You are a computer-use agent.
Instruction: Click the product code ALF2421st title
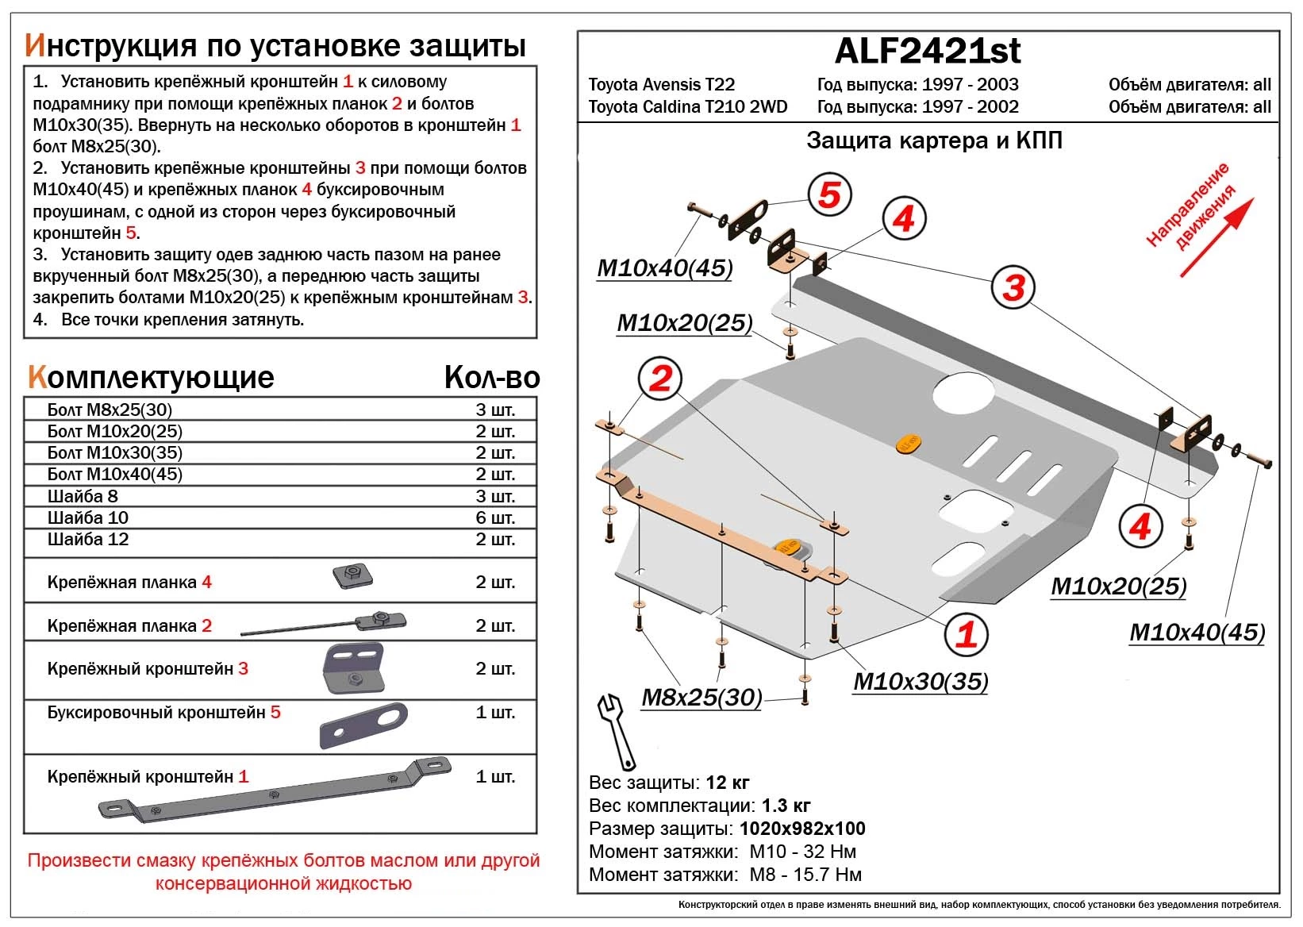927,52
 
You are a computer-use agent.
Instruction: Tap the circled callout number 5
829,194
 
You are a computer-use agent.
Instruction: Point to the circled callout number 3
1013,287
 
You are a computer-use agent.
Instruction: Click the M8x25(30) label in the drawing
701,698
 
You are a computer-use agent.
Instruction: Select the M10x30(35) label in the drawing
921,681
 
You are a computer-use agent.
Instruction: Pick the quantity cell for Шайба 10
495,517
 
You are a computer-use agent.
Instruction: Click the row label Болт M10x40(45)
115,475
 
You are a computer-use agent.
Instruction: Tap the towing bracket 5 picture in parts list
363,725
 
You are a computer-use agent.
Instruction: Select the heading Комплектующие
151,377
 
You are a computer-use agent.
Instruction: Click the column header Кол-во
491,377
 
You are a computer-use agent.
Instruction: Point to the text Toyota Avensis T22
661,85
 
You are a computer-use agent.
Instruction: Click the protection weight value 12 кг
727,783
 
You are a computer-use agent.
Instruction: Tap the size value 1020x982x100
802,829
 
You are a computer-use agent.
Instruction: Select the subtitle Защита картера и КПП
934,141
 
